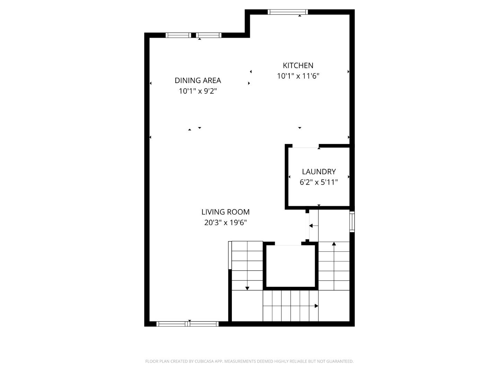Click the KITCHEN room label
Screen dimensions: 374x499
(298, 65)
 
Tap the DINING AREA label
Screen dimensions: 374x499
(198, 80)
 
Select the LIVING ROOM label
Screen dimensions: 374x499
(225, 212)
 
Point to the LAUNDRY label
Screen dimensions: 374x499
(319, 171)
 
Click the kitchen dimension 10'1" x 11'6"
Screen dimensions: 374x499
(298, 76)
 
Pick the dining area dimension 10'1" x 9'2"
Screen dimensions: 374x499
(198, 91)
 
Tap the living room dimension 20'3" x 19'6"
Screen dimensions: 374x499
(225, 223)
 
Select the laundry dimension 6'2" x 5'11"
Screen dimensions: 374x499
(319, 182)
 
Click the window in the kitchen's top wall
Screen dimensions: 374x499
(288, 12)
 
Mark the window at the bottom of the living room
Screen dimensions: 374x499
(187, 324)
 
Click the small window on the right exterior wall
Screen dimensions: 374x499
(352, 222)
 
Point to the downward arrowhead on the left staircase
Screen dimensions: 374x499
(247, 288)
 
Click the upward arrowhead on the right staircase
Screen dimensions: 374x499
(334, 244)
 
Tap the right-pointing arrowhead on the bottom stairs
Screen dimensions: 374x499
(316, 306)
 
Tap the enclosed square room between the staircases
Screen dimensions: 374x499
(290, 266)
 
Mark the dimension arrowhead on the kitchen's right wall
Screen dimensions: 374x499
(348, 72)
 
